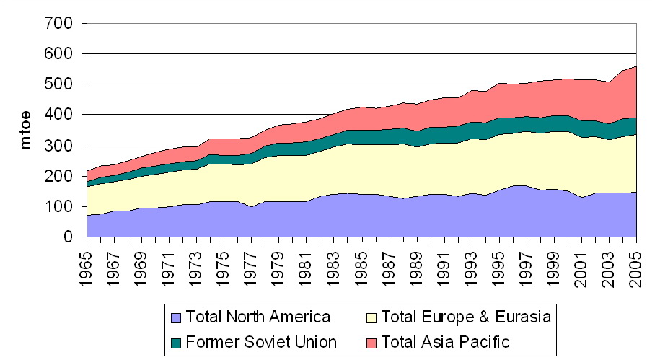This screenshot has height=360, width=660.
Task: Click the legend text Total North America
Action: (x=258, y=317)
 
